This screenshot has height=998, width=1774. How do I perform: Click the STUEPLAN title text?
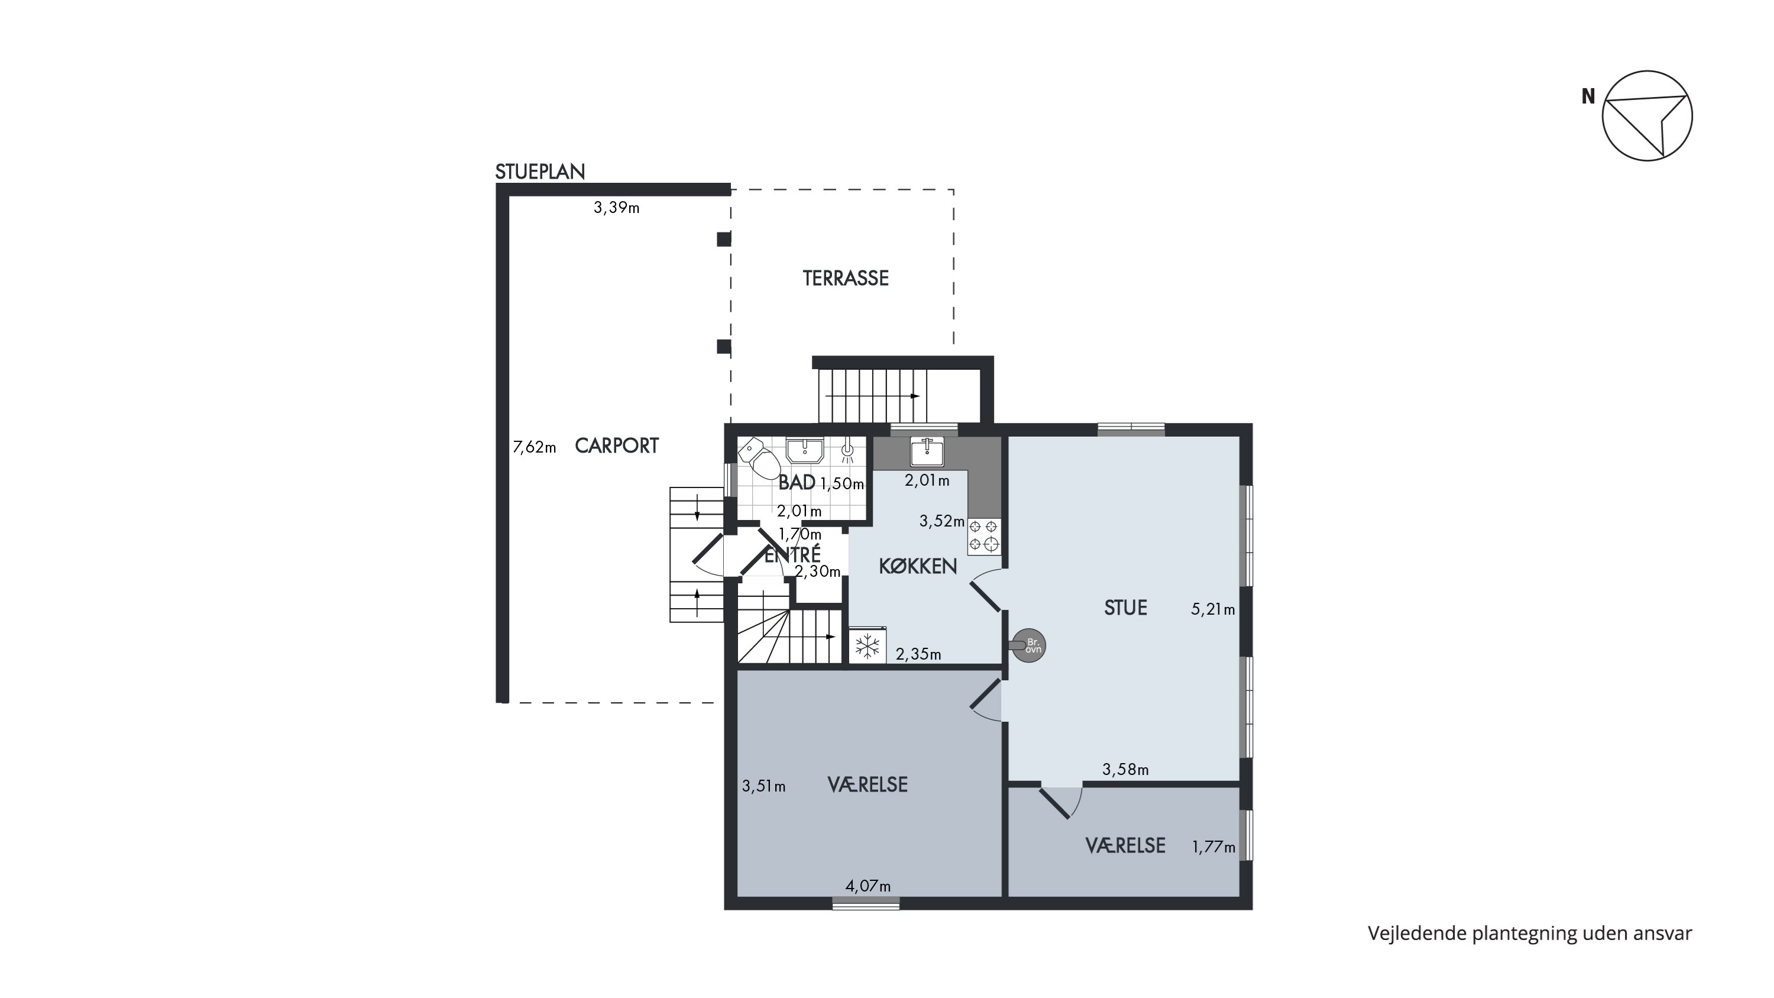point(540,172)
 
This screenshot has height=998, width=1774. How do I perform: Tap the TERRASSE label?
point(846,278)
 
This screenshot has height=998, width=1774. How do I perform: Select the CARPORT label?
point(616,446)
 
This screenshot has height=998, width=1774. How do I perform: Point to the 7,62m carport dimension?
point(535,448)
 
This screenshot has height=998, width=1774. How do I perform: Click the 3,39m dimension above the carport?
point(616,207)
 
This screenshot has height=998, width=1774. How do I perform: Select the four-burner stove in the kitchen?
point(983,537)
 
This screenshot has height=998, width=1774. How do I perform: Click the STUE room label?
point(1125,608)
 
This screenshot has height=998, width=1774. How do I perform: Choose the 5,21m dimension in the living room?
point(1213,609)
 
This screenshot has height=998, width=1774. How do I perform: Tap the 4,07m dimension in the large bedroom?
point(867,886)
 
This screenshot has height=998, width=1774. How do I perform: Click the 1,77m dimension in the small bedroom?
point(1213,847)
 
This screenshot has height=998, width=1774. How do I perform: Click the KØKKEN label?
point(918,566)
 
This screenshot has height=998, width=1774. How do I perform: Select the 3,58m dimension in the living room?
point(1125,769)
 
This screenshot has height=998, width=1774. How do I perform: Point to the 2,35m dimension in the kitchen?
point(918,654)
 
